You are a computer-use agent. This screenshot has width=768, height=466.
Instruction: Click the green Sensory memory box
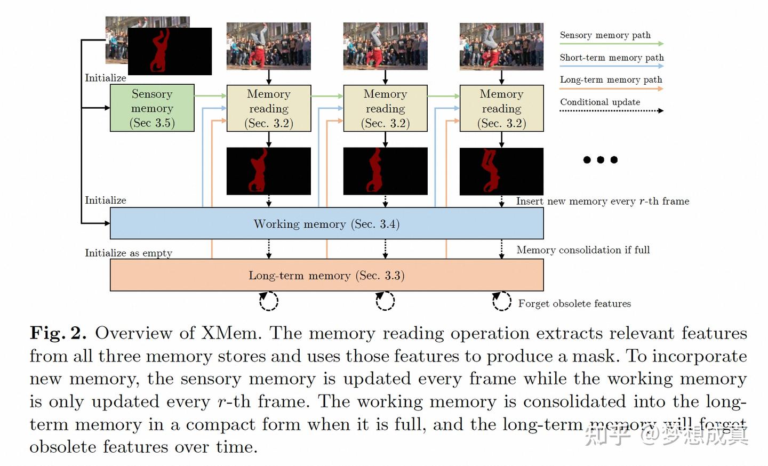click(152, 108)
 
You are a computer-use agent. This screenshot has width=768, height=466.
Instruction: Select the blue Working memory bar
click(326, 224)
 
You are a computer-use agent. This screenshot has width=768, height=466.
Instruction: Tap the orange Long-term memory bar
click(326, 276)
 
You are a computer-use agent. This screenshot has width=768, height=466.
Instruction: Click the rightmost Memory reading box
click(501, 109)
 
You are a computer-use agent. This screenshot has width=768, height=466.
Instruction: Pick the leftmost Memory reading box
click(269, 109)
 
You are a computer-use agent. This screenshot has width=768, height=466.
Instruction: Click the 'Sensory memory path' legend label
click(605, 35)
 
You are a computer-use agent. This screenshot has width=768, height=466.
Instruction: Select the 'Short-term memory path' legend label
click(611, 58)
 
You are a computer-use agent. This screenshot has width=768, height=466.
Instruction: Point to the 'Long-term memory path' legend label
click(611, 79)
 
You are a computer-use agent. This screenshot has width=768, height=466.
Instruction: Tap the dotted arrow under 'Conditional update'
click(611, 111)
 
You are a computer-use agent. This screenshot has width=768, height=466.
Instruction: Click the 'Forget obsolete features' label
click(574, 303)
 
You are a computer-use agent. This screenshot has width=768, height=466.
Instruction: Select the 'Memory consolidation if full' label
click(583, 250)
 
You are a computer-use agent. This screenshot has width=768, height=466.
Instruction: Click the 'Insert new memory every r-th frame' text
click(603, 201)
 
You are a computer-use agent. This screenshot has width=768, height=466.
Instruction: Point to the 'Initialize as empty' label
click(129, 253)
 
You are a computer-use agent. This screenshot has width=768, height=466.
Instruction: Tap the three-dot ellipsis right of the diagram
click(601, 159)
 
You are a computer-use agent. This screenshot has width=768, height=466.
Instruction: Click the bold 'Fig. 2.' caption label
click(58, 333)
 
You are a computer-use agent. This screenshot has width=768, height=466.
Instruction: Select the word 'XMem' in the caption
click(230, 333)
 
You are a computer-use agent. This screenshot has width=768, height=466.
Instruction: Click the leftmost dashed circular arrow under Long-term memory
click(268, 301)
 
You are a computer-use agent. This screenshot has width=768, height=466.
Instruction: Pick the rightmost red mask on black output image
click(501, 171)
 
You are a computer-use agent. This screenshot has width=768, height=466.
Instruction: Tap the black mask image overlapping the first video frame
click(170, 51)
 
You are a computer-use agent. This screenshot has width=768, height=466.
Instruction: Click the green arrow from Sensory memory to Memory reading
click(210, 96)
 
